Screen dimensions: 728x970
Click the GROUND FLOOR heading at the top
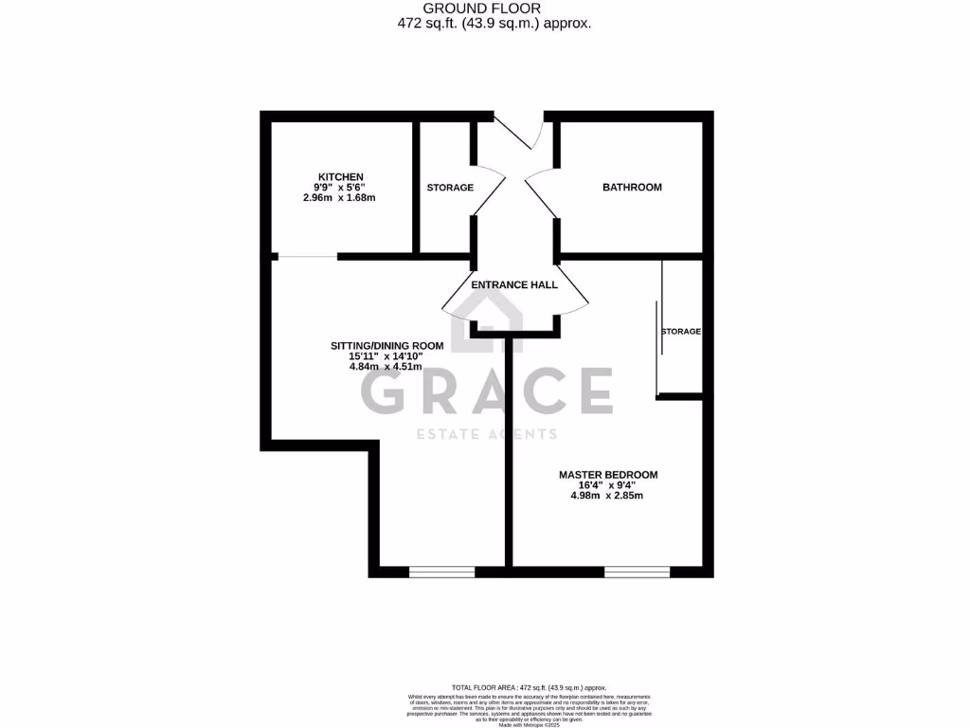click(496, 9)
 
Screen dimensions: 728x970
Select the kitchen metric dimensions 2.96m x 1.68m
click(339, 198)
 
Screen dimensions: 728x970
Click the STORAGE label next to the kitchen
click(450, 188)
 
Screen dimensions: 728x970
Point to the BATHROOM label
click(632, 188)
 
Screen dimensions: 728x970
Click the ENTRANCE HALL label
click(514, 284)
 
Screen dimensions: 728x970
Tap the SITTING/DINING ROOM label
click(386, 345)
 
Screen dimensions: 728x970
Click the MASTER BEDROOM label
click(607, 475)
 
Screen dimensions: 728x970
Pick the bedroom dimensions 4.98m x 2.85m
click(606, 496)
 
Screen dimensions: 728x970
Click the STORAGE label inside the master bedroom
click(681, 332)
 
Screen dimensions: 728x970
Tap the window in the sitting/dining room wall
click(441, 572)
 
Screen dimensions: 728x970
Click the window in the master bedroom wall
click(637, 572)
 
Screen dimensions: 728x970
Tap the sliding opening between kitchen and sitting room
click(307, 256)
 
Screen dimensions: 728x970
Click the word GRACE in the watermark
click(486, 391)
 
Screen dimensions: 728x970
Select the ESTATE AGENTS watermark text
click(487, 434)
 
